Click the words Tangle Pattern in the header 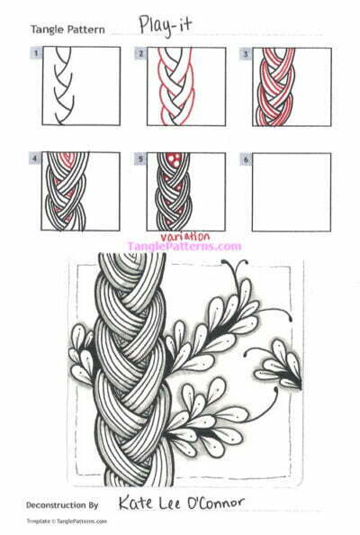click(67, 30)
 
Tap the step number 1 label click(35, 53)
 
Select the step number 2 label click(141, 53)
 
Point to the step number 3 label click(245, 53)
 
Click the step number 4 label click(35, 159)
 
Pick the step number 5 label click(141, 159)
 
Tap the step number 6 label click(245, 159)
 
